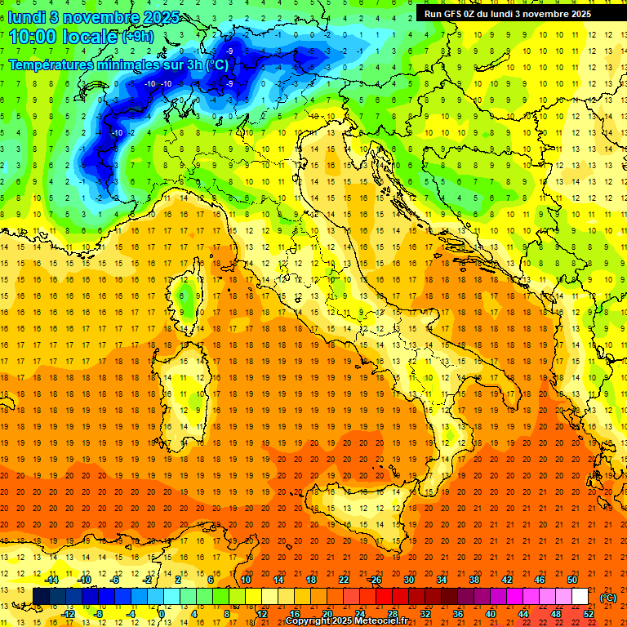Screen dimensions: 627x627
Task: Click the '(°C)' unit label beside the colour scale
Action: tap(608, 597)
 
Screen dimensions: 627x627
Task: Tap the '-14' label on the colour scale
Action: tap(52, 580)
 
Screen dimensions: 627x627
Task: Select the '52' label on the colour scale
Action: tap(589, 614)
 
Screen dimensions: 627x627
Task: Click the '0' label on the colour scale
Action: tap(162, 614)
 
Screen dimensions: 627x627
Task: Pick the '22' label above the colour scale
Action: tap(343, 580)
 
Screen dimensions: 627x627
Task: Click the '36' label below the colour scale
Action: tap(458, 614)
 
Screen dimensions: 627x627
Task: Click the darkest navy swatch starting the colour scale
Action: tap(41, 597)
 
